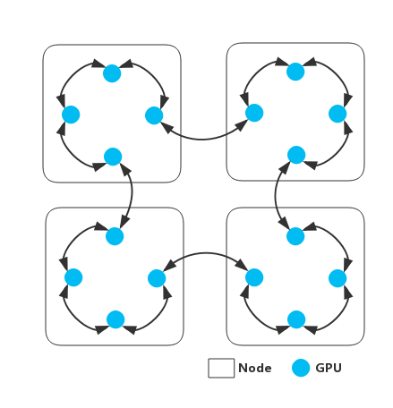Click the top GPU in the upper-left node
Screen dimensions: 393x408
(112, 73)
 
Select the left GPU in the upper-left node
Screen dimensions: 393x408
(71, 115)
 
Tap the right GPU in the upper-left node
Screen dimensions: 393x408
(154, 115)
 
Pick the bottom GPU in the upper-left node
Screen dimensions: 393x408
(113, 157)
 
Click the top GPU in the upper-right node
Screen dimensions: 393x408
(295, 72)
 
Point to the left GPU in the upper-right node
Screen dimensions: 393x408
(254, 113)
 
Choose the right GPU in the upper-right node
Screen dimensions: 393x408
(337, 114)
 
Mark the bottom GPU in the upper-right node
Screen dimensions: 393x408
(296, 155)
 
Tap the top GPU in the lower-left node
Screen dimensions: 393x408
(115, 236)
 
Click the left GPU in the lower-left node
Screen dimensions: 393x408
(73, 277)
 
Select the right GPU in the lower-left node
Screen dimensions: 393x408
(157, 278)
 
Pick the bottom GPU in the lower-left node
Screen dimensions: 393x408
(115, 319)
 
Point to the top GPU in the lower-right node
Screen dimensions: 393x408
(295, 236)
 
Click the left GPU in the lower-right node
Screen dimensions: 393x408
(254, 277)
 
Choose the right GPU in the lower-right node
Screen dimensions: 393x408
(337, 278)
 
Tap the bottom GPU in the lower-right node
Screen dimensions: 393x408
(296, 319)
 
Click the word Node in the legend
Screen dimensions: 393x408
(255, 368)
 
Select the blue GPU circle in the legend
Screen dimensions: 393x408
(301, 368)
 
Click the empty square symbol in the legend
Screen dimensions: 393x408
(221, 368)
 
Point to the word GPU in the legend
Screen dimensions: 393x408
(329, 368)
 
